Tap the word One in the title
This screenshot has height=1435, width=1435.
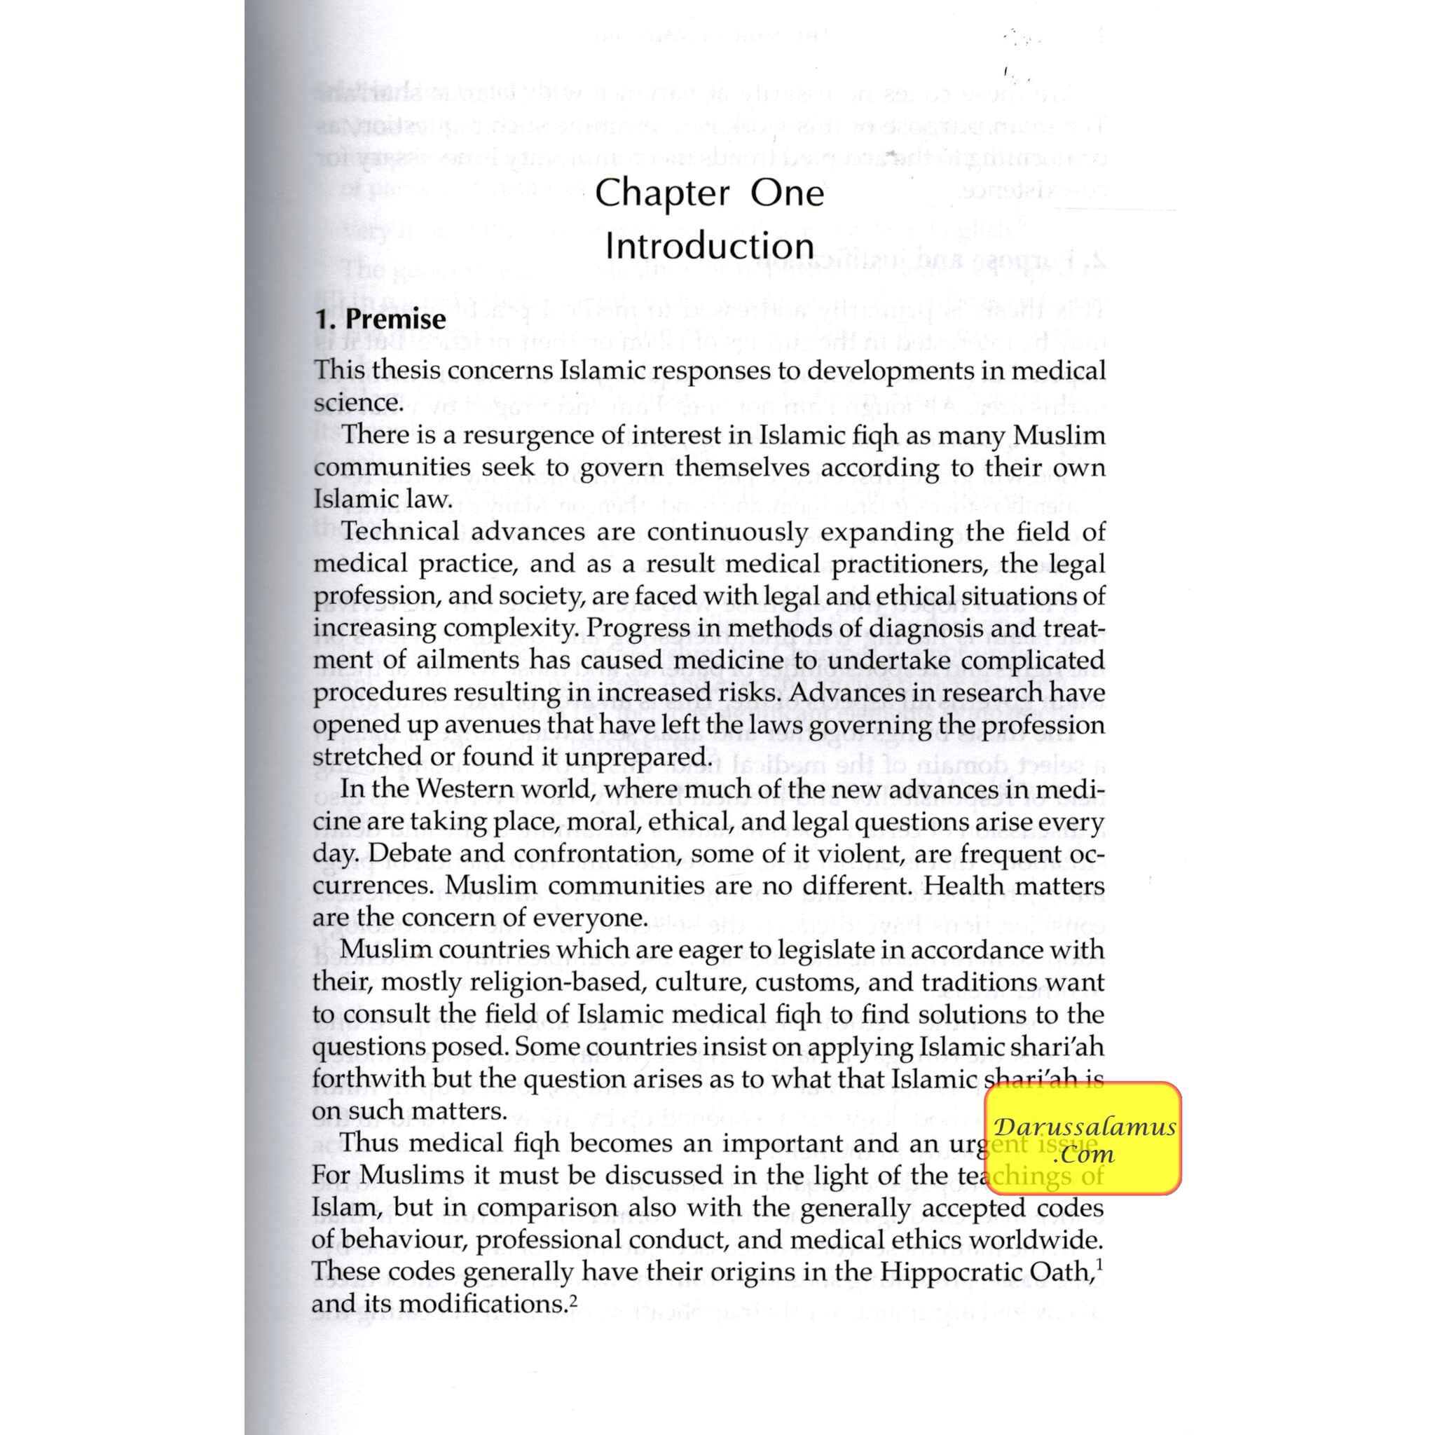(x=788, y=193)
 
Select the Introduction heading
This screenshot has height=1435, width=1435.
(x=709, y=246)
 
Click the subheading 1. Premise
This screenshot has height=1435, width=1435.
(x=380, y=319)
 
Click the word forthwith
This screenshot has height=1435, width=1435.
(x=368, y=1079)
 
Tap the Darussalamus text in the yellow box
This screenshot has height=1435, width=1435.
(x=1085, y=1127)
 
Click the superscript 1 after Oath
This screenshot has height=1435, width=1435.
(x=1099, y=1263)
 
